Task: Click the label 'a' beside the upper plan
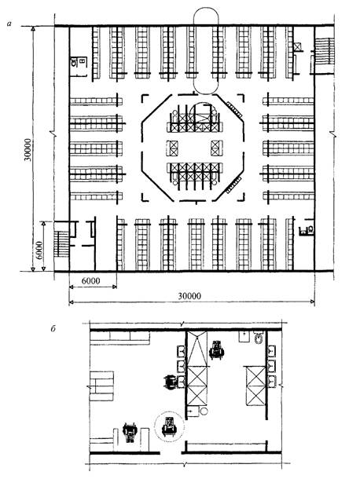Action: point(9,24)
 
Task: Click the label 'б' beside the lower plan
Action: point(53,329)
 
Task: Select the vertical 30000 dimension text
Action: point(28,150)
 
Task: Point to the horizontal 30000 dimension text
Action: point(189,296)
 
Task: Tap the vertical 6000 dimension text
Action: point(39,250)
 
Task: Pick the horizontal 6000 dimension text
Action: point(90,281)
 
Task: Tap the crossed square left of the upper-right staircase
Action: point(297,47)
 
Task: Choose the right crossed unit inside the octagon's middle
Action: point(217,148)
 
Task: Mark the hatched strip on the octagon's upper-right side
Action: point(235,110)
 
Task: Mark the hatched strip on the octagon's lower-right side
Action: point(235,185)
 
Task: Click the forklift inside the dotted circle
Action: point(169,426)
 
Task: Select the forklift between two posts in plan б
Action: point(130,432)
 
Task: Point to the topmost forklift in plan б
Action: point(217,350)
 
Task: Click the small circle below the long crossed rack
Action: point(204,411)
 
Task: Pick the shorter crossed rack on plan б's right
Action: point(256,386)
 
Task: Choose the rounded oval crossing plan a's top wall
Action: point(206,50)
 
